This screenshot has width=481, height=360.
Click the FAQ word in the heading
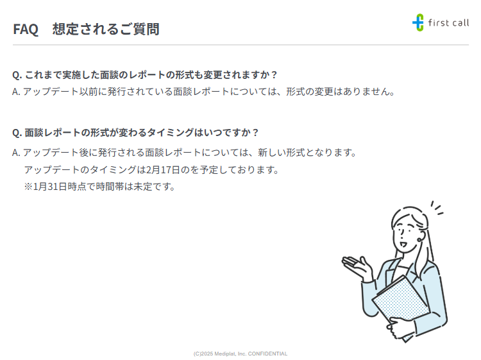(x=26, y=29)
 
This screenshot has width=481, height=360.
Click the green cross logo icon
(x=418, y=22)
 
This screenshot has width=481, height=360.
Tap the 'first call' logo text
(x=448, y=22)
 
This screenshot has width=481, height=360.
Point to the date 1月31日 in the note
(x=51, y=187)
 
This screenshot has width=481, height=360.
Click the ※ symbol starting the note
(x=28, y=187)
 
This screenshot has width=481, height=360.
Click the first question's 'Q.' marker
(x=17, y=74)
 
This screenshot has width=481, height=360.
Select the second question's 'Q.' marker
(x=17, y=133)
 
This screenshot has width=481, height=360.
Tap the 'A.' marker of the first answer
(x=17, y=91)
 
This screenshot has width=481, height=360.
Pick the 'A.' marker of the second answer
(x=17, y=153)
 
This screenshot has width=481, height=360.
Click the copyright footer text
(x=240, y=354)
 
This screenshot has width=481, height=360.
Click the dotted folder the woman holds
(x=396, y=298)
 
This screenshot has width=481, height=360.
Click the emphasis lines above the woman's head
(x=436, y=207)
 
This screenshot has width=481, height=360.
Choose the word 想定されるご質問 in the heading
(x=106, y=29)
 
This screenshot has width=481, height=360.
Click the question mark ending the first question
(x=274, y=74)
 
